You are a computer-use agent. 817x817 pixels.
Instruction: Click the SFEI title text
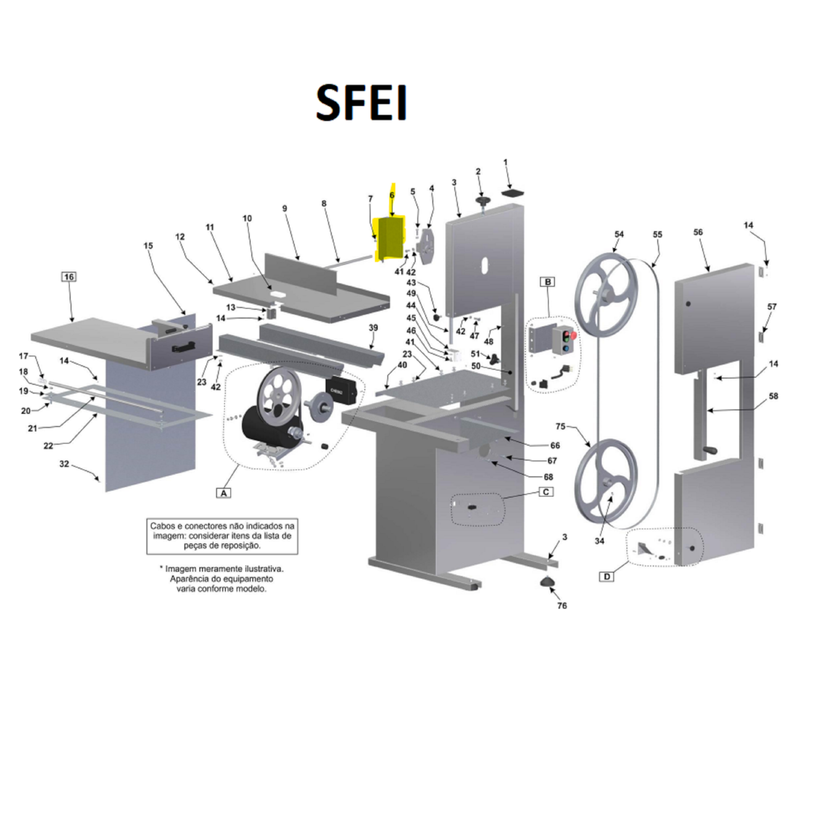[x=362, y=102]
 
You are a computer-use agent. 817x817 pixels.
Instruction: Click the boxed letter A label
[x=223, y=492]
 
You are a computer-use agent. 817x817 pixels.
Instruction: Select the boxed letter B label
[x=548, y=282]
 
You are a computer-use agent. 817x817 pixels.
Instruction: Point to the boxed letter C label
[x=546, y=492]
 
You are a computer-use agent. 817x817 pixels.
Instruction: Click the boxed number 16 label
[x=69, y=277]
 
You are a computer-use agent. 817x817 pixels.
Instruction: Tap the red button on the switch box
[x=573, y=334]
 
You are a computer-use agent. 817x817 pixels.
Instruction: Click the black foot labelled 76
[x=547, y=582]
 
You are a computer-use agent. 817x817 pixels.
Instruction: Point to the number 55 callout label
[x=657, y=234]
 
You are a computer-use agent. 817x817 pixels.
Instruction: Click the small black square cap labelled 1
[x=512, y=193]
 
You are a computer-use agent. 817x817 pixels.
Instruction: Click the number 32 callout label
[x=64, y=464]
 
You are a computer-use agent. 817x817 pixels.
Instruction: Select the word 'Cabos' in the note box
[x=163, y=526]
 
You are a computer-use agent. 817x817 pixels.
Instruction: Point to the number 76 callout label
[x=562, y=605]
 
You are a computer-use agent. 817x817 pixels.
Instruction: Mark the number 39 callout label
[x=373, y=327]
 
